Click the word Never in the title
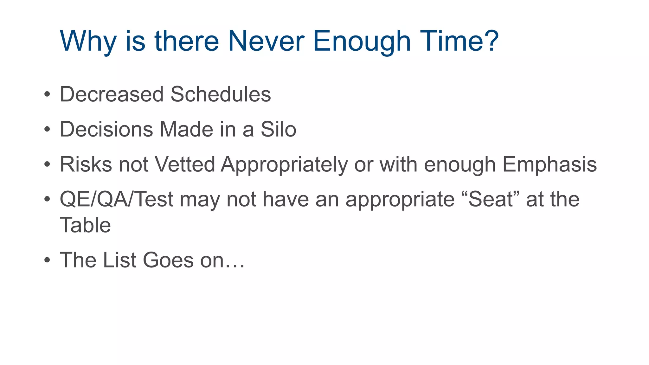(x=266, y=41)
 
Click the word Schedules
(x=221, y=94)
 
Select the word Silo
(x=278, y=129)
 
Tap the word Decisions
(x=106, y=129)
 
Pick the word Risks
(x=86, y=164)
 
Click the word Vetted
(x=185, y=164)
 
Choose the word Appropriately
(x=284, y=165)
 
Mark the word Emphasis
(x=549, y=165)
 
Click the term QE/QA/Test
(x=117, y=200)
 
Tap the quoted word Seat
(x=491, y=200)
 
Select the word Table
(x=85, y=225)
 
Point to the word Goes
(x=168, y=260)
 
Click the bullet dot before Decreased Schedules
(x=47, y=94)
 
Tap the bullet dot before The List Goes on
(x=47, y=260)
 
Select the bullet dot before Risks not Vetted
(x=47, y=164)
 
